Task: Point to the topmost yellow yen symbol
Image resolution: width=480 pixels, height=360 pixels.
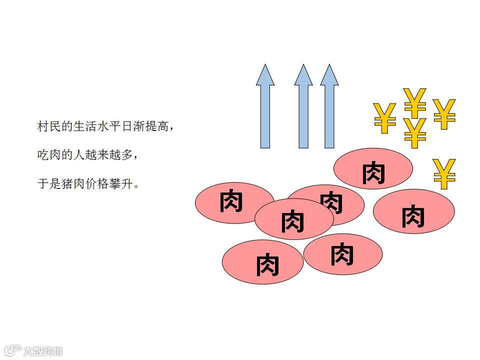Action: click(415, 102)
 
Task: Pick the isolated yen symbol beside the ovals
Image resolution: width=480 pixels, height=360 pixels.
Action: click(444, 174)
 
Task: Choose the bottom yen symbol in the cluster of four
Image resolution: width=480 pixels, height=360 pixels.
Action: click(415, 133)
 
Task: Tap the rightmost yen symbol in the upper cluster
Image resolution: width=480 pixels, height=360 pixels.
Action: click(444, 114)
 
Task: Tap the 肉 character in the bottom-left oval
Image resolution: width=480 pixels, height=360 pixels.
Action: click(267, 264)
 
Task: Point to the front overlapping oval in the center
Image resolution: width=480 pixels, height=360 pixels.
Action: click(293, 219)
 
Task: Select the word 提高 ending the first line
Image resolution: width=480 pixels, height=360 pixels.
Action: click(158, 126)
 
